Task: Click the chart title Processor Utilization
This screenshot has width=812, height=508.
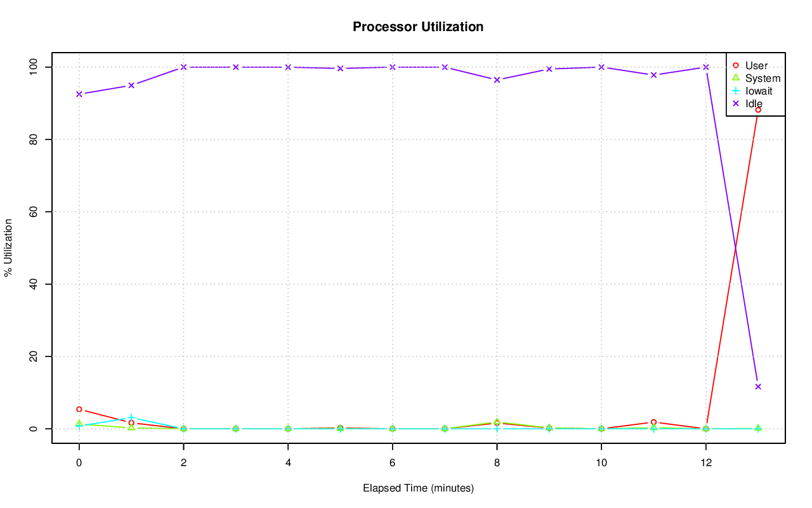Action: coord(418,27)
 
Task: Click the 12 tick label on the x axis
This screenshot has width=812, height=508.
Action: coord(705,463)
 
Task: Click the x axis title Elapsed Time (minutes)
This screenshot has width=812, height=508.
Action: coord(418,488)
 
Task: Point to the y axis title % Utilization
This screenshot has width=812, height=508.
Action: coord(9,247)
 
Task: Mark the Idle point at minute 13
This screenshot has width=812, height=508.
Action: coord(758,386)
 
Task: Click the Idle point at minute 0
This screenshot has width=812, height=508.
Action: coord(79,94)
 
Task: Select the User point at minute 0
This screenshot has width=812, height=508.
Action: coord(79,409)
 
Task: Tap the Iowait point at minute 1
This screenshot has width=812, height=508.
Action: coord(131,417)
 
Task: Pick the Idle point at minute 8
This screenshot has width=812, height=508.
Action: coord(497,79)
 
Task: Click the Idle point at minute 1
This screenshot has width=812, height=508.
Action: coord(131,85)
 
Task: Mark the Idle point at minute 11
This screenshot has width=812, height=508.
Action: coord(653,75)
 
